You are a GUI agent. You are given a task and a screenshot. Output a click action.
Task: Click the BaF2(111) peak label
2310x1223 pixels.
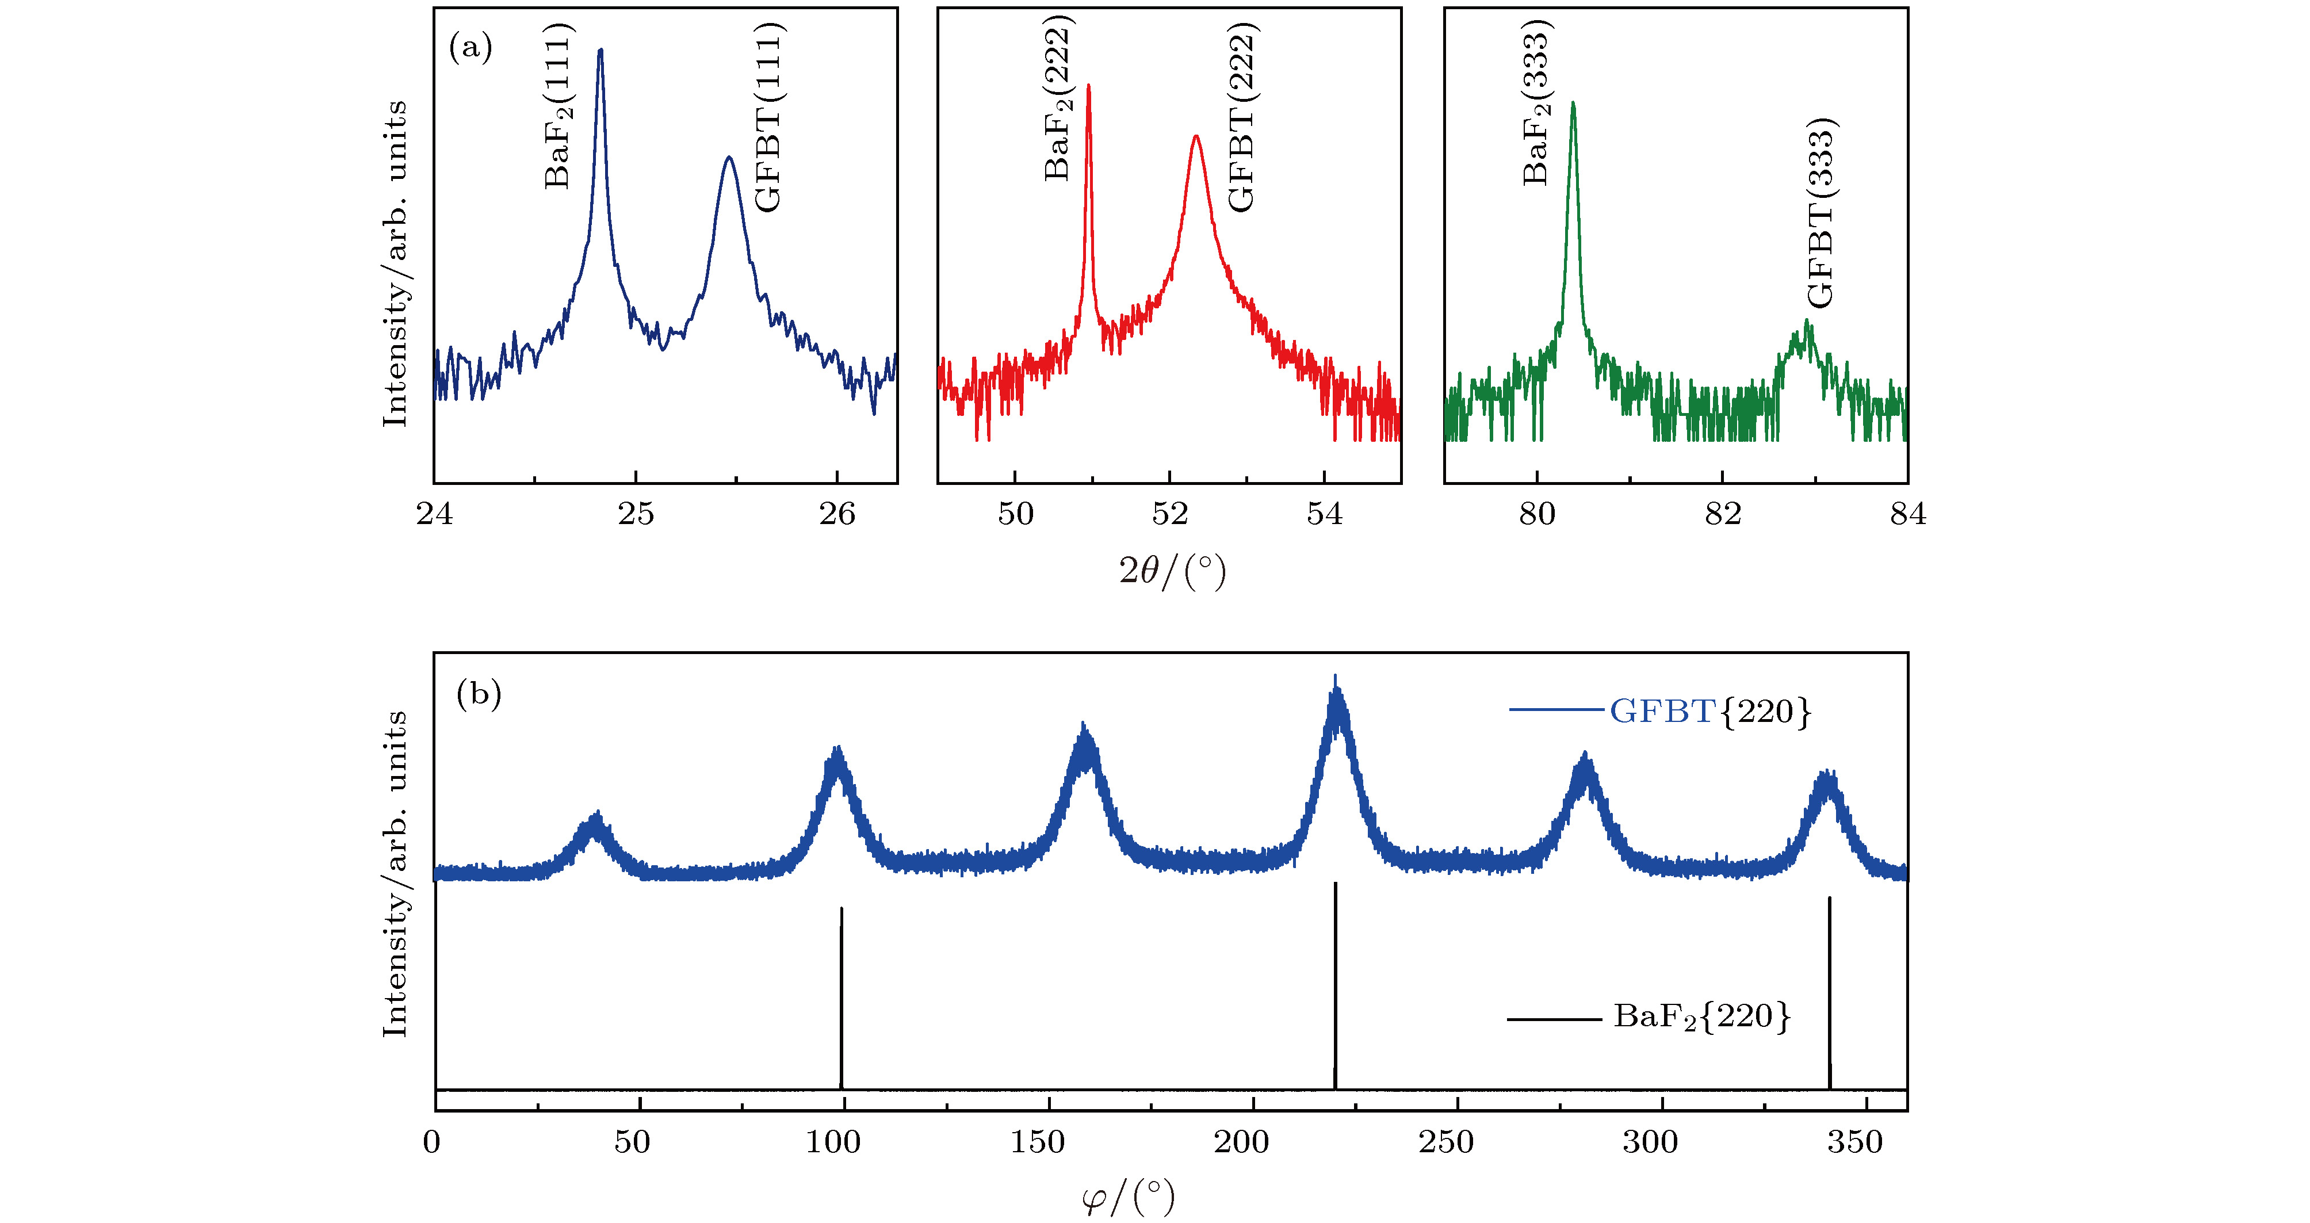[x=559, y=106]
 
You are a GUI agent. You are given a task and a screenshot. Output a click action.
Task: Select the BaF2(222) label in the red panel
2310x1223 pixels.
[x=1059, y=98]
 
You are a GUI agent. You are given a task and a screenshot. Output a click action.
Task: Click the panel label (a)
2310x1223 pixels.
[x=471, y=47]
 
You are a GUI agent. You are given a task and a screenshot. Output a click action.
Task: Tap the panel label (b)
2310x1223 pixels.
[x=479, y=693]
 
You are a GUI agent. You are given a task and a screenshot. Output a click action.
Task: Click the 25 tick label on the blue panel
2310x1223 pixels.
[x=636, y=514]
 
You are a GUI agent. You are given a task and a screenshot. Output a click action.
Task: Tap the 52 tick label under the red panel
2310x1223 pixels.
[x=1169, y=514]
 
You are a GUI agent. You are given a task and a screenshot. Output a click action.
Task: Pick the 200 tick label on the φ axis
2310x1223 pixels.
[x=1241, y=1142]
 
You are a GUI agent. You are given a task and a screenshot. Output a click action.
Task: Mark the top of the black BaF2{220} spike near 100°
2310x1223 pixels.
[x=841, y=908]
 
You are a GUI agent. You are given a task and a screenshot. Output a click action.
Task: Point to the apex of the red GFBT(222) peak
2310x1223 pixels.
[x=1195, y=136]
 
